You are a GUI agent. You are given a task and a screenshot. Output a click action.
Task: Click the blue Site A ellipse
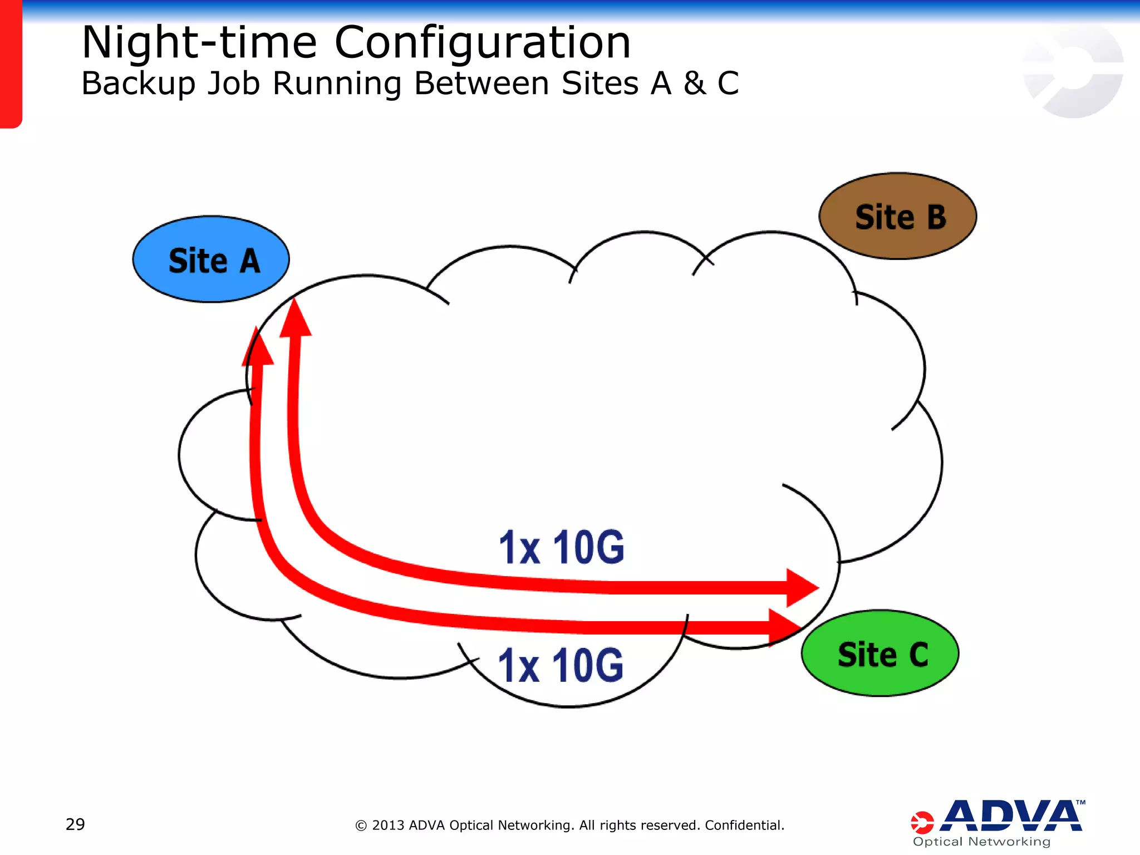tap(211, 259)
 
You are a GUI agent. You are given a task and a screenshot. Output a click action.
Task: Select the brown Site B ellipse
tap(898, 216)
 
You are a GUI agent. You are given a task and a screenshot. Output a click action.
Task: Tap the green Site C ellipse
tap(881, 653)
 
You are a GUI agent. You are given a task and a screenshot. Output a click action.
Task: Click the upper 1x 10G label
tap(561, 547)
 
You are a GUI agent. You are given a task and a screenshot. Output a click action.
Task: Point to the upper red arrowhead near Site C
tap(800, 588)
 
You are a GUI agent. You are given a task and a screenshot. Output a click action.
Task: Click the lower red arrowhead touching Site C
tap(783, 627)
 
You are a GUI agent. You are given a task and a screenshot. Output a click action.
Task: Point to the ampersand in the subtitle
tap(694, 83)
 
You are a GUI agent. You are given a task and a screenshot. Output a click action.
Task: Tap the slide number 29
tap(75, 824)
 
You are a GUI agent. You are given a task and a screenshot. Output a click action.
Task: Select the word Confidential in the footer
tap(744, 825)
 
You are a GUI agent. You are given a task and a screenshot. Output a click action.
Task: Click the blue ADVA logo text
tap(1013, 816)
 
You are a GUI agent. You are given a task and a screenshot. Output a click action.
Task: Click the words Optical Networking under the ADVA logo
tap(981, 842)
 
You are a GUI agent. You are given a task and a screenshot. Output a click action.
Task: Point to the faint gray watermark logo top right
tap(1073, 70)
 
